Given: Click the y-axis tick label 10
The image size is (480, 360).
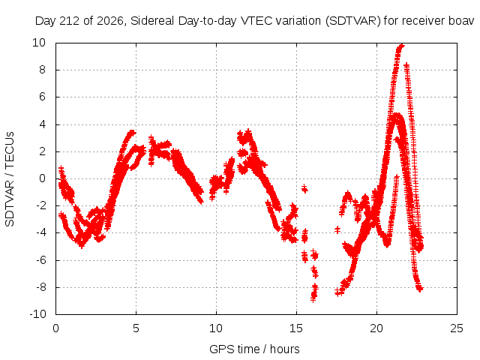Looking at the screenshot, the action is (x=39, y=43).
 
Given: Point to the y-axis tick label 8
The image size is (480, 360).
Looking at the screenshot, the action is (x=42, y=70).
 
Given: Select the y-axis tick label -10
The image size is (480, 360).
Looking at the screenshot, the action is (x=37, y=314).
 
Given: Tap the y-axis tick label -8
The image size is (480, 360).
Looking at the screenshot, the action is (x=40, y=287).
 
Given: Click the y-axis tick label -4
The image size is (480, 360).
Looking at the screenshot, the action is (x=40, y=232).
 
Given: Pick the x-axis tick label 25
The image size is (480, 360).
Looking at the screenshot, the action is (x=457, y=328).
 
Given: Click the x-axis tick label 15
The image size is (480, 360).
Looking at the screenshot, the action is (x=296, y=328).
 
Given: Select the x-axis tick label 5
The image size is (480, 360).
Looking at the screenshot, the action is (x=136, y=328).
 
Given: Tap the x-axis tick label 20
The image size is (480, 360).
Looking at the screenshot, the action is (x=376, y=328).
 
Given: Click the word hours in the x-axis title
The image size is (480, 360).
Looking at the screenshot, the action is (x=285, y=349).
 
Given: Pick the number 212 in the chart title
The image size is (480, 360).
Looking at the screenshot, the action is (x=70, y=21).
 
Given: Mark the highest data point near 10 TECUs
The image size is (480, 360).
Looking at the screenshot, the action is (x=402, y=46).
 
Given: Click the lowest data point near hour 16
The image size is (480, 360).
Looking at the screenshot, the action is (x=313, y=299).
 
